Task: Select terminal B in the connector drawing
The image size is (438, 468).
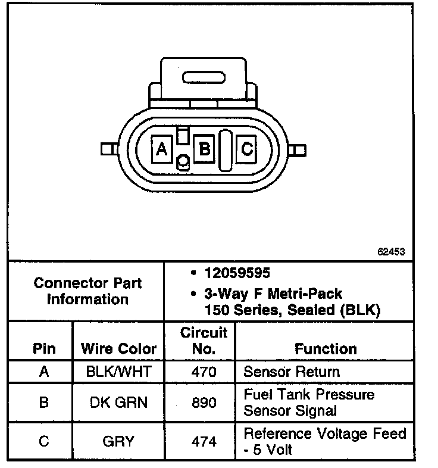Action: pyautogui.click(x=204, y=148)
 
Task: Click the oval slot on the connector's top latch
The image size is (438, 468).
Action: pyautogui.click(x=205, y=79)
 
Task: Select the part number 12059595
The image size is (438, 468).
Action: pyautogui.click(x=237, y=273)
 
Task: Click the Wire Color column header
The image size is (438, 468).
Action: pyautogui.click(x=118, y=349)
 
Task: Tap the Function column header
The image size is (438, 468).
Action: pyautogui.click(x=326, y=349)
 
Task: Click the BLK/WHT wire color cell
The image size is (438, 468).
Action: pyautogui.click(x=118, y=372)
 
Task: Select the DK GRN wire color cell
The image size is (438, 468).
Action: pyautogui.click(x=118, y=403)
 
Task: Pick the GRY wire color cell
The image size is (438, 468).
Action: pyautogui.click(x=118, y=441)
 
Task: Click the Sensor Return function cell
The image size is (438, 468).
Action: pyautogui.click(x=292, y=372)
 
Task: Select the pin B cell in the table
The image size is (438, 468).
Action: pyautogui.click(x=43, y=403)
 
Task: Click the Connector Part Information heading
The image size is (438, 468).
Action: pyautogui.click(x=87, y=291)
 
